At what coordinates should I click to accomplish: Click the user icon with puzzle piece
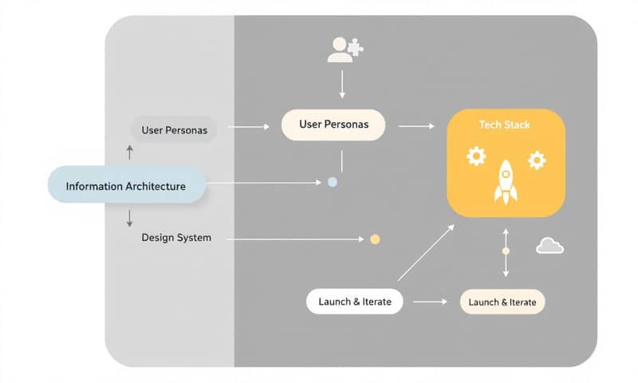[345, 50]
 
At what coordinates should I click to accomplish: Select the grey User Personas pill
[174, 129]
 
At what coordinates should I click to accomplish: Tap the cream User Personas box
[332, 125]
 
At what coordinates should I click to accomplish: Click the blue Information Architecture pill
[126, 186]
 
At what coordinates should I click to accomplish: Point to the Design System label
[176, 238]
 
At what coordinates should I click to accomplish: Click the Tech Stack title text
[504, 125]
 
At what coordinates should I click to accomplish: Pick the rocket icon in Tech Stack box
[506, 181]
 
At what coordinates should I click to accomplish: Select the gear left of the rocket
[476, 156]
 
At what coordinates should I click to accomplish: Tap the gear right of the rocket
[537, 160]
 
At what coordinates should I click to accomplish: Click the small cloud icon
[549, 246]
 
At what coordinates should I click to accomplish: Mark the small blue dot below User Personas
[333, 182]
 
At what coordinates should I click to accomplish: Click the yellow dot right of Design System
[375, 239]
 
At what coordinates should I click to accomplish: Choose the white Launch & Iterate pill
[354, 302]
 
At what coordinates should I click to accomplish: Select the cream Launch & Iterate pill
[502, 302]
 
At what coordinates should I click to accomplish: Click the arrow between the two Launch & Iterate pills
[431, 302]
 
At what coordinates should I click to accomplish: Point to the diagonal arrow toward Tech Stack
[426, 252]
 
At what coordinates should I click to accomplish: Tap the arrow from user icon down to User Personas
[342, 84]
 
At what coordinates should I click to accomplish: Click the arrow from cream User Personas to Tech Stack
[415, 126]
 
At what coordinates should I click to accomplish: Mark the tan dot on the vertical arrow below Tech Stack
[505, 251]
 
